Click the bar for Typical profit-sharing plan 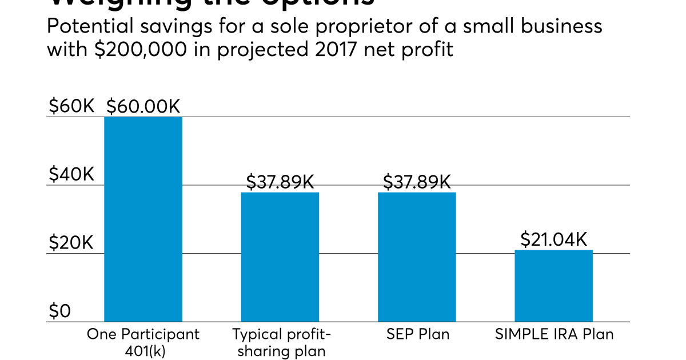click(280, 257)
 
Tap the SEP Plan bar click(417, 257)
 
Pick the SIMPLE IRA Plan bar click(553, 286)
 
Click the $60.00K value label click(143, 106)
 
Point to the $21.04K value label click(553, 239)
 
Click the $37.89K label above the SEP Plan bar click(417, 182)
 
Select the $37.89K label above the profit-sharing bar click(280, 182)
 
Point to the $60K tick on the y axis click(71, 106)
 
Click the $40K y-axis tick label click(71, 174)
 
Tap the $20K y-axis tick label click(71, 242)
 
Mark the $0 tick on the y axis click(59, 311)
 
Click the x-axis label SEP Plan click(417, 334)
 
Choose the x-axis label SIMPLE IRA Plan click(553, 334)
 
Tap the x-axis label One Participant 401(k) click(143, 342)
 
